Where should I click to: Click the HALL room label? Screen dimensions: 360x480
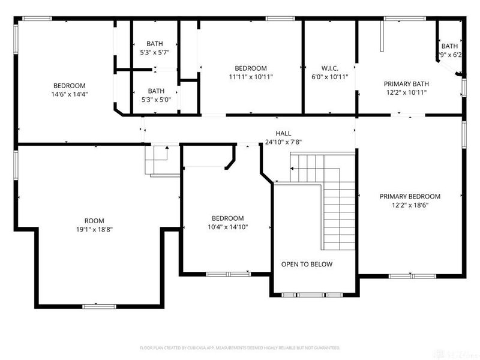(284, 134)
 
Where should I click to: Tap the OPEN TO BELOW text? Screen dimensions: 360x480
(307, 264)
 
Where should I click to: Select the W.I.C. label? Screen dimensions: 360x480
(330, 68)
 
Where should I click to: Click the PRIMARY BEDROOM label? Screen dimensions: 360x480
(410, 196)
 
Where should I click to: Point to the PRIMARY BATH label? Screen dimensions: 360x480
(410, 85)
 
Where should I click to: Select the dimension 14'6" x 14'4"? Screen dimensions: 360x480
(69, 94)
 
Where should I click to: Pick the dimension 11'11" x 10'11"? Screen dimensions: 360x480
(251, 77)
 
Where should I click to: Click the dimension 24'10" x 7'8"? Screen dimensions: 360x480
(284, 142)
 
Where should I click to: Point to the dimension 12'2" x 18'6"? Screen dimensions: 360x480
(410, 205)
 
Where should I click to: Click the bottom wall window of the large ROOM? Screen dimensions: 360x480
(99, 306)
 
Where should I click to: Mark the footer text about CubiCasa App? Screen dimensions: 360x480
(240, 347)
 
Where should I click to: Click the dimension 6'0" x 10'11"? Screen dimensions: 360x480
(330, 77)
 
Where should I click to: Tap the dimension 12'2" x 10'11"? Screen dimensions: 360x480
(410, 93)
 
